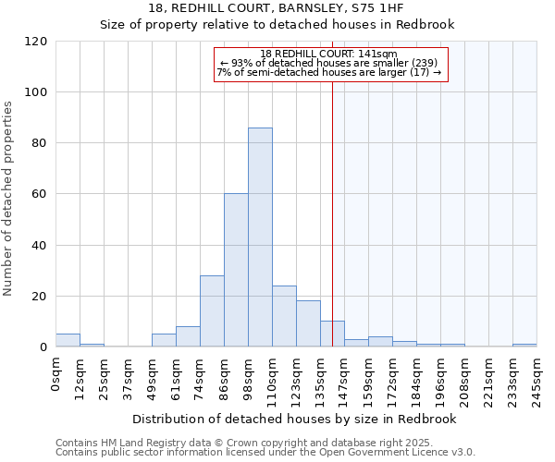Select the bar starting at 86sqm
236,270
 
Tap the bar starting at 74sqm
212,310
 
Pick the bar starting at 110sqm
284,316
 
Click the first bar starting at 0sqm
68,340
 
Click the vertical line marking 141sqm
332,213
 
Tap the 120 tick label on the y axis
36,42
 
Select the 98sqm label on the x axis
249,374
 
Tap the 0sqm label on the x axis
56,371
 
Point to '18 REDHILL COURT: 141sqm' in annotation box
329,54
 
